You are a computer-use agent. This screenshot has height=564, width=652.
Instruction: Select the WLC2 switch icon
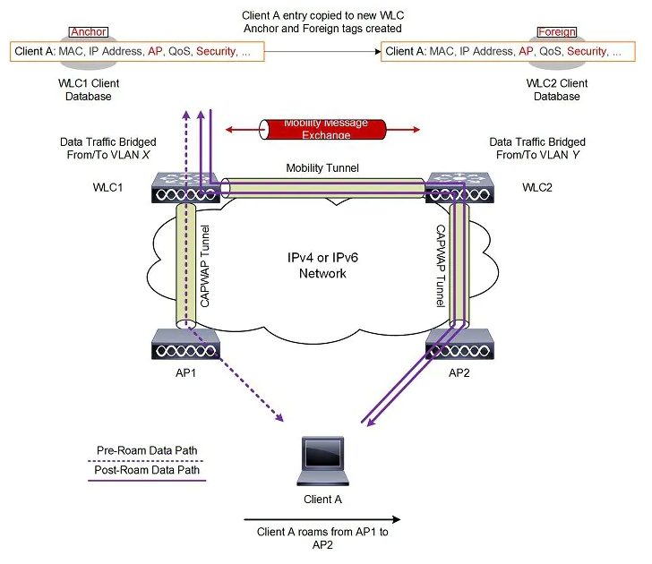pos(458,186)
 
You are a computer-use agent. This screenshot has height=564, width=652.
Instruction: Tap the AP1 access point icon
pos(186,344)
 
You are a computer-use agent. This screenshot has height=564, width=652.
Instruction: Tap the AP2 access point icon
pos(458,344)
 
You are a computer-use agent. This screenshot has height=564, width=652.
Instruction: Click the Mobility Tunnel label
pos(318,167)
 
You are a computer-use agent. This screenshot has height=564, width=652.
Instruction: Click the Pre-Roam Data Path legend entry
pos(148,451)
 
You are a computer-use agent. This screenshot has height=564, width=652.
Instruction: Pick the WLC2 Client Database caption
pos(556,90)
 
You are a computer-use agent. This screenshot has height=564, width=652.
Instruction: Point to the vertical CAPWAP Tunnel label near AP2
pos(441,265)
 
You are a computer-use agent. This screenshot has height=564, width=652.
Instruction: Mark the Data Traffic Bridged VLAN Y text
pos(537,149)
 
